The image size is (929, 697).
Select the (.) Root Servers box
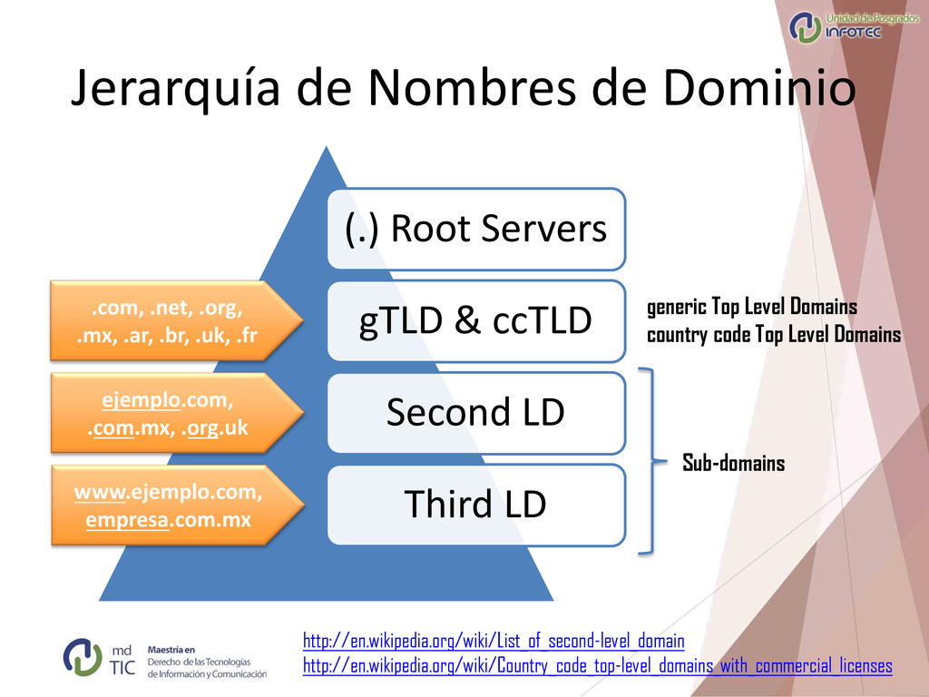tap(476, 229)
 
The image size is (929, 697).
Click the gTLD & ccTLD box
tap(476, 320)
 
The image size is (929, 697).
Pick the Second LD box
tap(476, 413)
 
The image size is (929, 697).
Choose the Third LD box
tap(476, 505)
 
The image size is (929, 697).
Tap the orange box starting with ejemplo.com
tap(167, 413)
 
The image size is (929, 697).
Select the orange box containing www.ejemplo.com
tap(167, 506)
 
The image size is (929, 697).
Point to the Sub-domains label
tap(733, 464)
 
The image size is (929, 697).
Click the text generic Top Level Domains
tap(751, 307)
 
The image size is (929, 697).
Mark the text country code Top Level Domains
tap(773, 335)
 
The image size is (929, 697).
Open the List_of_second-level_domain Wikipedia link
tap(493, 642)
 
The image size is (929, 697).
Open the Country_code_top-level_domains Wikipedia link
tap(597, 666)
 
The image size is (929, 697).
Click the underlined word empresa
tap(128, 522)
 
